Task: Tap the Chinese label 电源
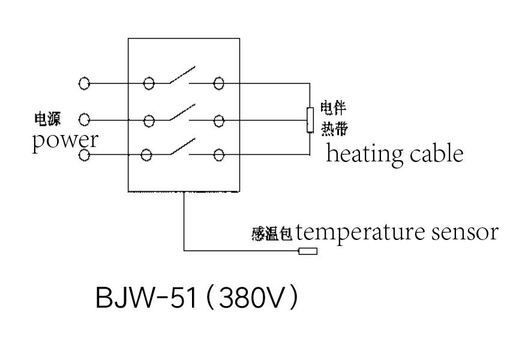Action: point(48,119)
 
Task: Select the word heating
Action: point(364,154)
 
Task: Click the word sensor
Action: point(464,232)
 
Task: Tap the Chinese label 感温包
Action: point(272,234)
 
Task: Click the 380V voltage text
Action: point(250,298)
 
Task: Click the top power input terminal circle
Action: point(84,83)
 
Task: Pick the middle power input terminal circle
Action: point(84,119)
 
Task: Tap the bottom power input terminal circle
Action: point(84,155)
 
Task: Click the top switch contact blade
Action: point(182,74)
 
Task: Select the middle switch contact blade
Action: point(182,112)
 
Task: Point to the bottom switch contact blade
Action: point(182,146)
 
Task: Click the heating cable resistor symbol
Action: point(310,120)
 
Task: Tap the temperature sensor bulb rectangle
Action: point(308,251)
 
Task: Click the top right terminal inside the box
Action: point(219,83)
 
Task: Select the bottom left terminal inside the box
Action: point(146,155)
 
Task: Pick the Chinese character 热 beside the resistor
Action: point(327,128)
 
